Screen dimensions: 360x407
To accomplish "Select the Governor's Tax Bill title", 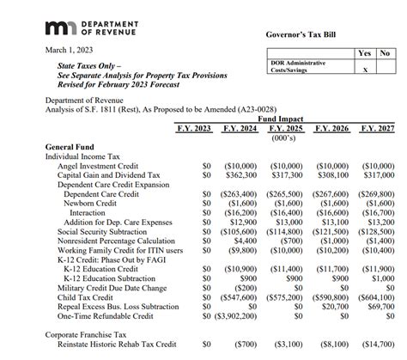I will click(x=305, y=34).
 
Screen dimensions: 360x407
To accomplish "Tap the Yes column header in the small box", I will click(x=365, y=53).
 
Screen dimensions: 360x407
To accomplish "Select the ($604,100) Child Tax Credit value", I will click(x=376, y=297).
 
